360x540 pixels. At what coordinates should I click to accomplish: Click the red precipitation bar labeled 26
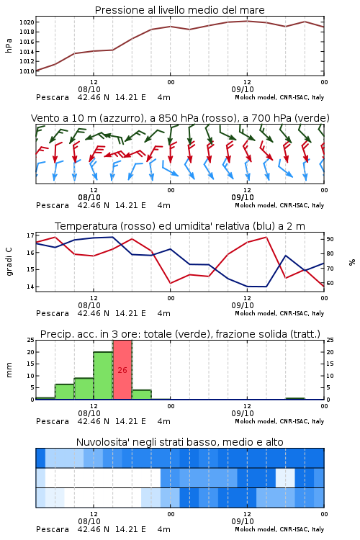click(x=122, y=370)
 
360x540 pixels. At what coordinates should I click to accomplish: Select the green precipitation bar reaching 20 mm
click(x=103, y=376)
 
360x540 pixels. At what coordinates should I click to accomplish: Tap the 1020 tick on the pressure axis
click(x=27, y=22)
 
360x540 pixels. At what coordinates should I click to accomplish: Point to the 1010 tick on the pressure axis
click(x=27, y=71)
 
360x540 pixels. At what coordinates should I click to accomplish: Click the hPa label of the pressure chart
click(x=9, y=45)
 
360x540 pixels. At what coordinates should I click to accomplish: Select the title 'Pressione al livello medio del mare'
click(x=180, y=10)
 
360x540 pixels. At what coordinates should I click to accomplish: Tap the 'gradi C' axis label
click(x=9, y=261)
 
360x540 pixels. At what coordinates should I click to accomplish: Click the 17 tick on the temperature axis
click(x=30, y=235)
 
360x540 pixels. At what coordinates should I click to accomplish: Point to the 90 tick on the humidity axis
click(x=330, y=239)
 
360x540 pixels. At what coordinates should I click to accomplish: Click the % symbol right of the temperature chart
click(x=352, y=262)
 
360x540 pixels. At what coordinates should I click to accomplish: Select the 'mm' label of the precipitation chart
click(x=9, y=370)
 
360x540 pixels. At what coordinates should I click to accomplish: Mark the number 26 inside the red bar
click(x=122, y=370)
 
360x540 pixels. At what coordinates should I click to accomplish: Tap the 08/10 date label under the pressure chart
click(x=89, y=89)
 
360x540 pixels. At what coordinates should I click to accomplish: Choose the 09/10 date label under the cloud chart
click(x=243, y=521)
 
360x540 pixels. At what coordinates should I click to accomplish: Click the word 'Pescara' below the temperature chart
click(x=53, y=313)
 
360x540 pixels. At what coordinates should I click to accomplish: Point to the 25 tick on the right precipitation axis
click(x=330, y=340)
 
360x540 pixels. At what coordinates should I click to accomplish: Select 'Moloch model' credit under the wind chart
click(x=256, y=205)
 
